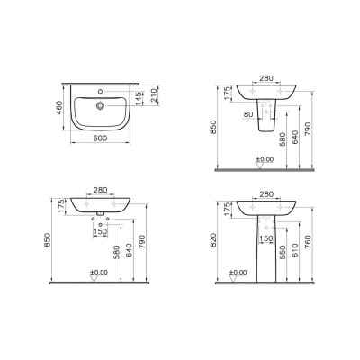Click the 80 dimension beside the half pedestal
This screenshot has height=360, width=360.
coord(247,115)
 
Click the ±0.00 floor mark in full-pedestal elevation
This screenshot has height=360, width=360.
coord(238,272)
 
